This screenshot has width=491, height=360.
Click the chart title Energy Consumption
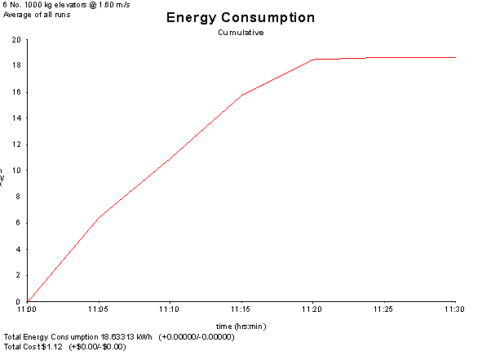[x=240, y=18]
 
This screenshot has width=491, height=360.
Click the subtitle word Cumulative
[x=240, y=33]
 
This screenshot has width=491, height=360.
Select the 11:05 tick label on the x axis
[x=99, y=310]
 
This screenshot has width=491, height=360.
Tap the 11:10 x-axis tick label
[x=170, y=310]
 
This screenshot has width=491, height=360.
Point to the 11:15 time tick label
[x=241, y=310]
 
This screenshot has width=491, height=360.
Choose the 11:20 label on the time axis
[x=312, y=310]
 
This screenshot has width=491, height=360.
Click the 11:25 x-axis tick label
[x=384, y=310]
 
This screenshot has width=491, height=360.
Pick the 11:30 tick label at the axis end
[x=455, y=310]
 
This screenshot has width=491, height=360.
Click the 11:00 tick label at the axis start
[x=27, y=310]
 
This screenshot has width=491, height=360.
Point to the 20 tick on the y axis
[x=17, y=39]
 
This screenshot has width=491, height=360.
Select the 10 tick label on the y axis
[x=17, y=171]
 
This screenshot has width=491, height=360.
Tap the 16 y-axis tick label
[x=17, y=91]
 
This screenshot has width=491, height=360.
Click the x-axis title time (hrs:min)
[x=241, y=327]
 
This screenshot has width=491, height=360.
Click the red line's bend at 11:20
[x=314, y=60]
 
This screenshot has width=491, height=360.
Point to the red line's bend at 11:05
[x=99, y=217]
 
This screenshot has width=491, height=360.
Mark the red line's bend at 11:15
[x=241, y=96]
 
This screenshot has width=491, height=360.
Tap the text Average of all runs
[x=31, y=15]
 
